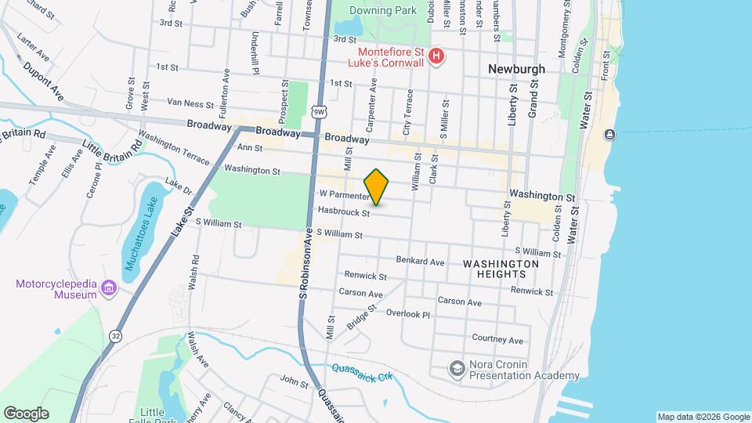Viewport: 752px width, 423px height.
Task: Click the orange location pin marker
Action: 377,186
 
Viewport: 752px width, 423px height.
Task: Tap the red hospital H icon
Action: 437,56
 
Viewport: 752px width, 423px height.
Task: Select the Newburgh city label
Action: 516,69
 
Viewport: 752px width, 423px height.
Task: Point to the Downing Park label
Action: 383,11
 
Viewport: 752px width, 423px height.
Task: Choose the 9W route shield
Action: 318,112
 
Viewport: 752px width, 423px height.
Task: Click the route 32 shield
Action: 116,334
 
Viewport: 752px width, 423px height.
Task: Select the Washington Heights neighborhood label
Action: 501,269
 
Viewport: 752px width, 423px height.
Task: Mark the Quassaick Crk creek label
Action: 361,373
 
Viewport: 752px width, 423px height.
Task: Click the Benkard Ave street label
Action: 420,261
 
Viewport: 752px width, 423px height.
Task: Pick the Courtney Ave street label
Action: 497,339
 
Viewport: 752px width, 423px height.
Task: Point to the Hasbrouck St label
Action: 344,211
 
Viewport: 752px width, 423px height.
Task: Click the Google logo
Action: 26,413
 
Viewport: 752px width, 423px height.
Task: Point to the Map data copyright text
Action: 702,417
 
